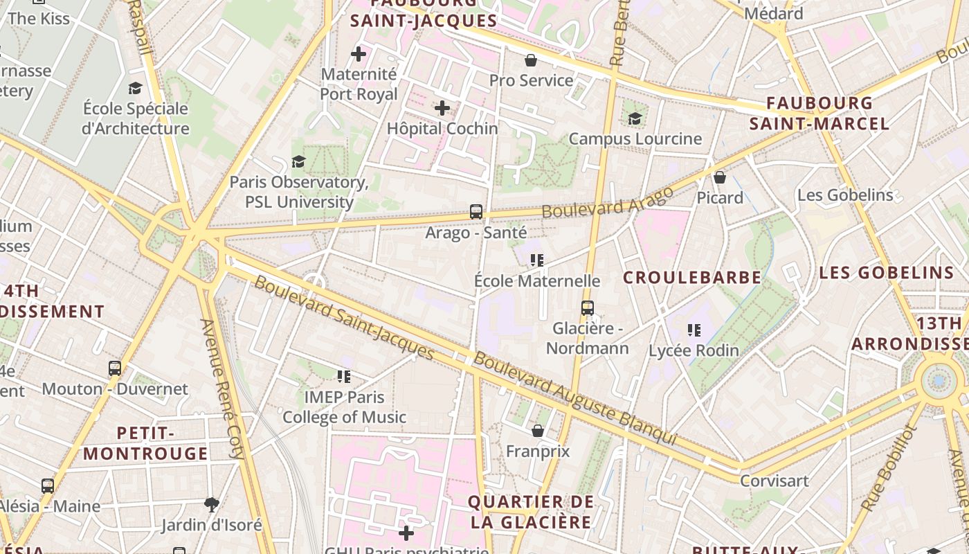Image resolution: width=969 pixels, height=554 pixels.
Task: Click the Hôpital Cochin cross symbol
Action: click(442, 108)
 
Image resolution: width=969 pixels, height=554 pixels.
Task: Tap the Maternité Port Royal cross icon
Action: click(359, 53)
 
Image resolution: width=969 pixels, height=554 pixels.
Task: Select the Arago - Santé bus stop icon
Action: click(476, 212)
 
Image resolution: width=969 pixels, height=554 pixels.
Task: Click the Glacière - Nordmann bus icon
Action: click(588, 308)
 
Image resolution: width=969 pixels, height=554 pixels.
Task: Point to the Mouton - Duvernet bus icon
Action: click(115, 368)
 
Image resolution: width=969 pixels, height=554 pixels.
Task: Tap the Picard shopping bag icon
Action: click(720, 177)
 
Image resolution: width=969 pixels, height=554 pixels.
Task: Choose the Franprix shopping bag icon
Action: click(538, 431)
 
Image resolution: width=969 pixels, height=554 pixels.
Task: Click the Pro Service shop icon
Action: click(531, 60)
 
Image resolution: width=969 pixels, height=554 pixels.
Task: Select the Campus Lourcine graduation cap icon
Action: click(635, 118)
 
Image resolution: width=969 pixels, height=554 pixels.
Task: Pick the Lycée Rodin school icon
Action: click(694, 330)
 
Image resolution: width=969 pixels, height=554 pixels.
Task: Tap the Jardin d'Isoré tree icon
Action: click(212, 504)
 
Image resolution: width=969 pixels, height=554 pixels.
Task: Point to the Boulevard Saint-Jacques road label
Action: click(344, 319)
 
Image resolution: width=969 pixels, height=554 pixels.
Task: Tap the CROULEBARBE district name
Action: click(692, 278)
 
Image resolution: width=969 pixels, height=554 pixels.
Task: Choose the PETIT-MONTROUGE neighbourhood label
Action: click(145, 443)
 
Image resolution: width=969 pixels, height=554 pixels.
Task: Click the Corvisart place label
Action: click(775, 481)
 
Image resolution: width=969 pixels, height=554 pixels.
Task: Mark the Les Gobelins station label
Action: click(845, 195)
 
